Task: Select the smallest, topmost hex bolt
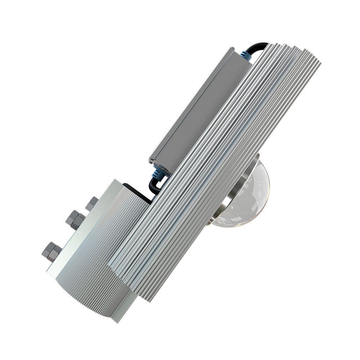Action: pyautogui.click(x=92, y=204)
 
